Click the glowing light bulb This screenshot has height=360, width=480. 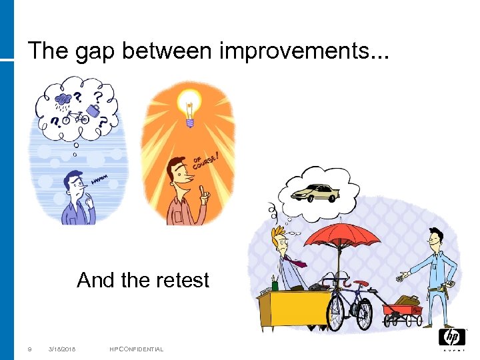pos(189,107)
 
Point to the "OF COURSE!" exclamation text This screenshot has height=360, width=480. pos(207,158)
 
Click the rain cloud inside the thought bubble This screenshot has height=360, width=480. pos(64,100)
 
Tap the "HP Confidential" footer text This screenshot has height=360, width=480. pos(137,349)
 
